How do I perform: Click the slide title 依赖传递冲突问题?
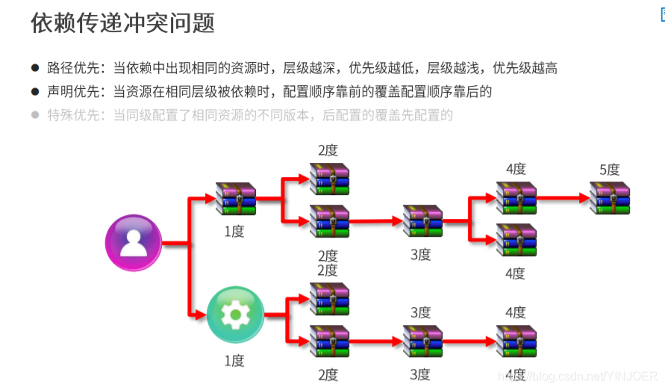pyautogui.click(x=123, y=23)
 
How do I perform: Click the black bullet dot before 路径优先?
pyautogui.click(x=35, y=69)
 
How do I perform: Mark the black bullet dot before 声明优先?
pyautogui.click(x=35, y=92)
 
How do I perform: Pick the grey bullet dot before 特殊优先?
pyautogui.click(x=35, y=115)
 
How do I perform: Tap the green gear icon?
pyautogui.click(x=235, y=315)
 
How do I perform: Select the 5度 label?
pyautogui.click(x=610, y=170)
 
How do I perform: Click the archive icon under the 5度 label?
pyautogui.click(x=610, y=199)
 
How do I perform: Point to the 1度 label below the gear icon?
pyautogui.click(x=234, y=361)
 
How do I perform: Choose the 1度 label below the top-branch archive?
pyautogui.click(x=234, y=232)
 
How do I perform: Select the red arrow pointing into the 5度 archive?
pyautogui.click(x=563, y=199)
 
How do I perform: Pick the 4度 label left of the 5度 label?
pyautogui.click(x=516, y=170)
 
